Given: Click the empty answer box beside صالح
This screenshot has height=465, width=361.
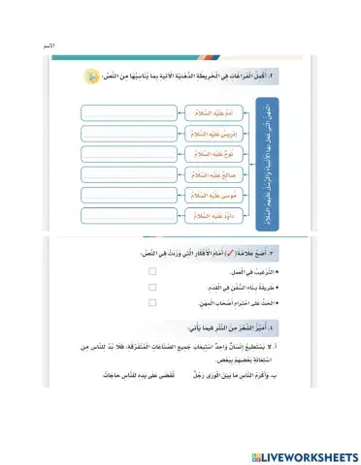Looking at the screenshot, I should (124, 174).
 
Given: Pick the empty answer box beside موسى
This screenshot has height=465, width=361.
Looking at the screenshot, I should (124, 195).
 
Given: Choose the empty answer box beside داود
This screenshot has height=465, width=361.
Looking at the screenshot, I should (124, 215).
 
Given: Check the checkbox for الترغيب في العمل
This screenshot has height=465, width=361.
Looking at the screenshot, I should (152, 272).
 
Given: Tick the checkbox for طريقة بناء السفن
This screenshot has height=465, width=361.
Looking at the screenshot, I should (152, 288).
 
